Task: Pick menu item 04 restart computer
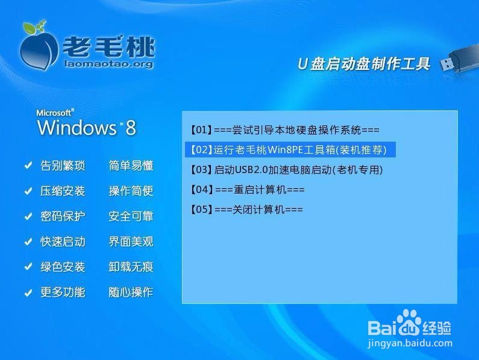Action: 247,189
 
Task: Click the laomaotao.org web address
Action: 108,64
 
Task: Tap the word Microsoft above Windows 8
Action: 55,112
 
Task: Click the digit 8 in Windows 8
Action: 131,128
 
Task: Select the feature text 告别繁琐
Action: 63,166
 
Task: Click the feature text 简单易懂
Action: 131,166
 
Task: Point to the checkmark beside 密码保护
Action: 28,216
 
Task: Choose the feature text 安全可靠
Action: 131,216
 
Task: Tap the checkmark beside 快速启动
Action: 28,242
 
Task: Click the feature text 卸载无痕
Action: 131,267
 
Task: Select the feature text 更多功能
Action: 63,292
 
